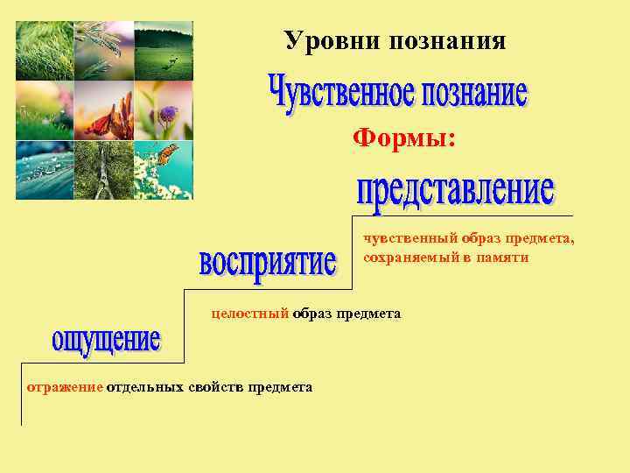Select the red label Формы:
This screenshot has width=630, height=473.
[404, 138]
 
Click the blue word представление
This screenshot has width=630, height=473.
[455, 194]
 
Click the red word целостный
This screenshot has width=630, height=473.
[250, 313]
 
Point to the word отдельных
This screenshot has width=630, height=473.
[145, 386]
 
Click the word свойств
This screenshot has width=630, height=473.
[216, 386]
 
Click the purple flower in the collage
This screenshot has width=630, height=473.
[166, 113]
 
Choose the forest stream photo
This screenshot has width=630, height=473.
[103, 170]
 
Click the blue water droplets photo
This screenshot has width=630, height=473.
[45, 170]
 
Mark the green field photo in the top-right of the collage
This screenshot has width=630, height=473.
[163, 51]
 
